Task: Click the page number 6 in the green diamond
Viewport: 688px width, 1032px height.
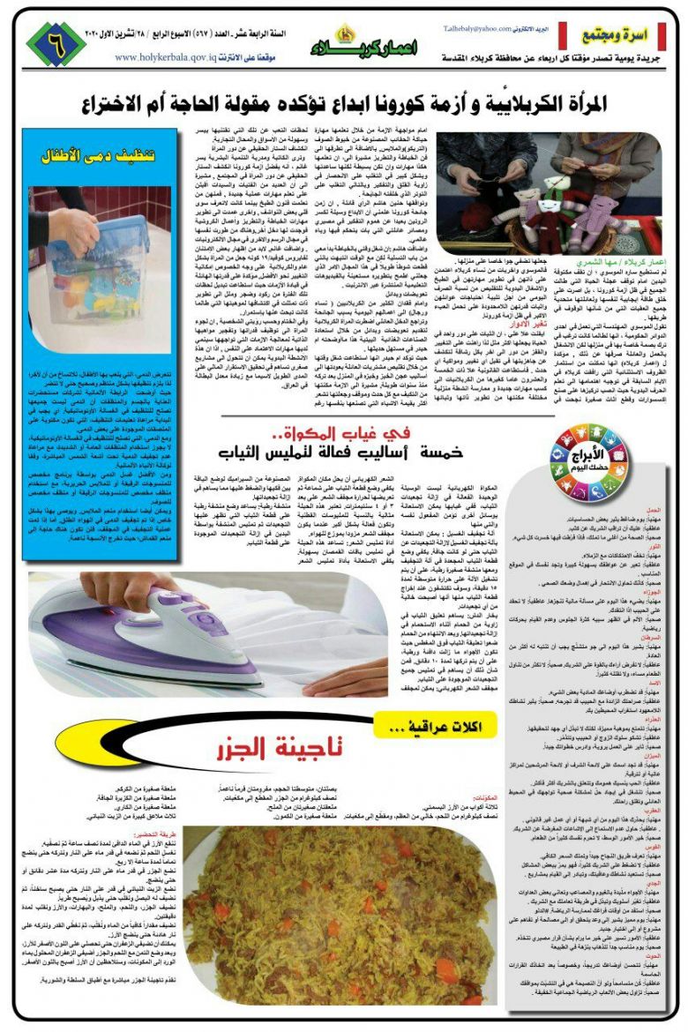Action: (x=56, y=43)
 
